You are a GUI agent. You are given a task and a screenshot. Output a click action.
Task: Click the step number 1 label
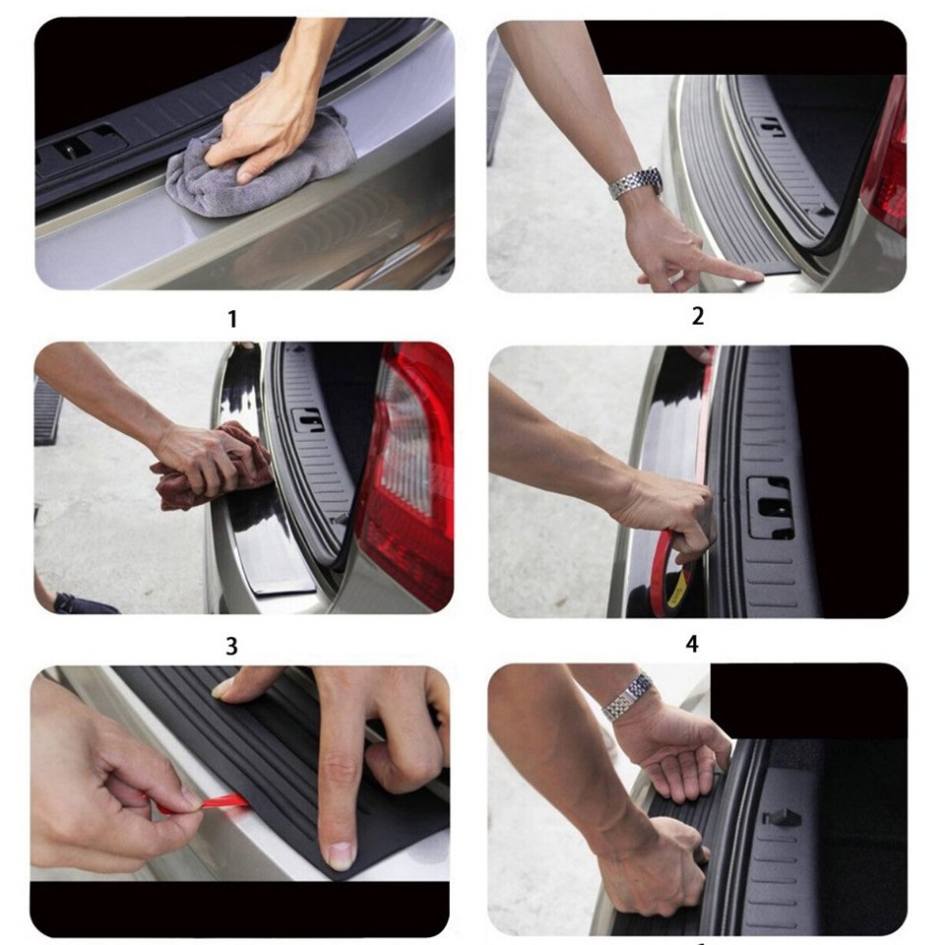(232, 319)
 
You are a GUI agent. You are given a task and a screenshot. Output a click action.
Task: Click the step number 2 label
(698, 316)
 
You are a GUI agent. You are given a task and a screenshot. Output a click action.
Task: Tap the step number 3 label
(232, 646)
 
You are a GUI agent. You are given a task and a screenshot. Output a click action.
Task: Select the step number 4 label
(692, 644)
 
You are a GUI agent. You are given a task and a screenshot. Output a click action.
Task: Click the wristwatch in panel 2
(635, 182)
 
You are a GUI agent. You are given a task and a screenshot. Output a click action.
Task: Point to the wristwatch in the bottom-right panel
(628, 696)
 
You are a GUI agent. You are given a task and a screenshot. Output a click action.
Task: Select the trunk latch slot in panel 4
(769, 508)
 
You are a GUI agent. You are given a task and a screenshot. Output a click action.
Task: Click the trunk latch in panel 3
(307, 419)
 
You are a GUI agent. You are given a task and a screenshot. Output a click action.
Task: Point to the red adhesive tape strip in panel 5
(197, 805)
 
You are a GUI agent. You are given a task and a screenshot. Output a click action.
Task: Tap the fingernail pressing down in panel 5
(341, 854)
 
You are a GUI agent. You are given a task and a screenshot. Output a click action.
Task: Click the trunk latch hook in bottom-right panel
(780, 817)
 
